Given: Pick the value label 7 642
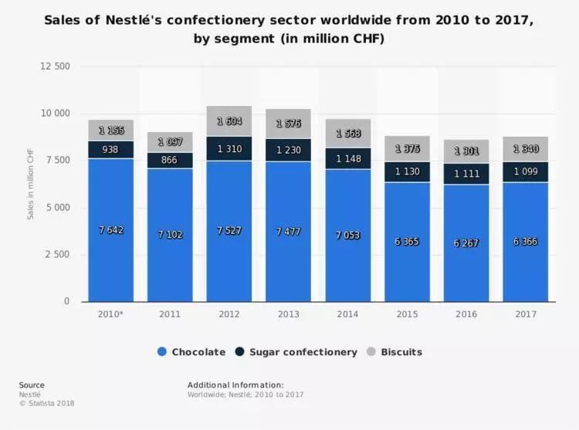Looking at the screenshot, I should (x=111, y=229).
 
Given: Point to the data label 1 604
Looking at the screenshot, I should (x=229, y=121).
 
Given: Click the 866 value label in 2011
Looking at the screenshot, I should (x=170, y=160).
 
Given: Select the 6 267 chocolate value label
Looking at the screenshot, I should (x=466, y=242).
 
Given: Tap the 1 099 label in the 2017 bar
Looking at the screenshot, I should (x=525, y=171).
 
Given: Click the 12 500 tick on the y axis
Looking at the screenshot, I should (x=55, y=66).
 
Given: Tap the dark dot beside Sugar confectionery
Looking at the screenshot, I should (x=240, y=352).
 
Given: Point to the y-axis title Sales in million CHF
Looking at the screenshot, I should (x=31, y=184).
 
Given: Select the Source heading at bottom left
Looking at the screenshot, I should (x=32, y=385).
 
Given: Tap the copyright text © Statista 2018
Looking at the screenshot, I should (x=47, y=403).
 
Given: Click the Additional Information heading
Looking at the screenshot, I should (x=235, y=385).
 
